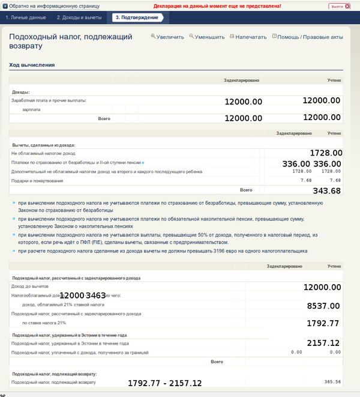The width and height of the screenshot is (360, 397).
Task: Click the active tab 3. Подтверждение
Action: (136, 17)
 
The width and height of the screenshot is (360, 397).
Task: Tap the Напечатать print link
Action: (248, 37)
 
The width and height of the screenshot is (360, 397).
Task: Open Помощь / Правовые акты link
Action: (307, 37)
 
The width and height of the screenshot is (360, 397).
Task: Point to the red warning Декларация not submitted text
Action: (217, 5)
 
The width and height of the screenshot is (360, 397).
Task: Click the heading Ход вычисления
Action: (32, 65)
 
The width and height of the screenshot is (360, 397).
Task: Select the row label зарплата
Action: (31, 110)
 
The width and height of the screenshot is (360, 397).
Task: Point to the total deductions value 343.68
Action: (327, 191)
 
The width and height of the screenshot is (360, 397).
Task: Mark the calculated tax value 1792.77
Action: (323, 323)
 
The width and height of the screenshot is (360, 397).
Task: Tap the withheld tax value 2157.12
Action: (323, 343)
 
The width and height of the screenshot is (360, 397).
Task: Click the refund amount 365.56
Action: (332, 382)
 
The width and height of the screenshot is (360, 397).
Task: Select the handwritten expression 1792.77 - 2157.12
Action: (165, 383)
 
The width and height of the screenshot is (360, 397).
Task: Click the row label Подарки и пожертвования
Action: (37, 181)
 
